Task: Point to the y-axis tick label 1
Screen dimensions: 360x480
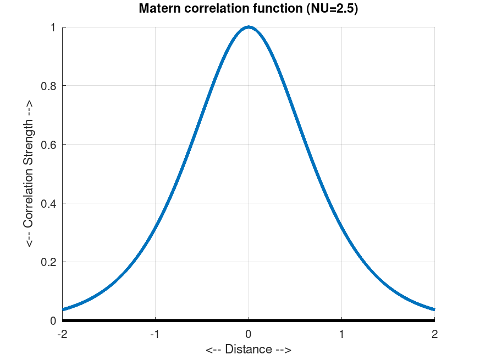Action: (x=54, y=27)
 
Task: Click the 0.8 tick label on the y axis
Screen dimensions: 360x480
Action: (x=49, y=86)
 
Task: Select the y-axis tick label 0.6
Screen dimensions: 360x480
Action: (x=49, y=145)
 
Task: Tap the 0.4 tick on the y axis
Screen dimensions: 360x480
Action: (x=49, y=203)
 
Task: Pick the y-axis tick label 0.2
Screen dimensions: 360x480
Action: (x=49, y=262)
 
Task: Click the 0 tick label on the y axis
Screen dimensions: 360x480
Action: (x=54, y=320)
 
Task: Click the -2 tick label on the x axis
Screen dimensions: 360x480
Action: (x=62, y=334)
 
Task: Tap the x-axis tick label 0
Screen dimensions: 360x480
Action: (x=249, y=334)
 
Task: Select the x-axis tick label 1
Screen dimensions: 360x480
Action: (x=341, y=334)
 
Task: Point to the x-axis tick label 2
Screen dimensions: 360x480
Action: (x=434, y=334)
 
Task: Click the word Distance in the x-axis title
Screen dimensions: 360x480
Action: (x=249, y=350)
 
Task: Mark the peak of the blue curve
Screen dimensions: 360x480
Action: (x=249, y=27)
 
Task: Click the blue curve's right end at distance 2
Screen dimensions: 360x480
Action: (x=434, y=309)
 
